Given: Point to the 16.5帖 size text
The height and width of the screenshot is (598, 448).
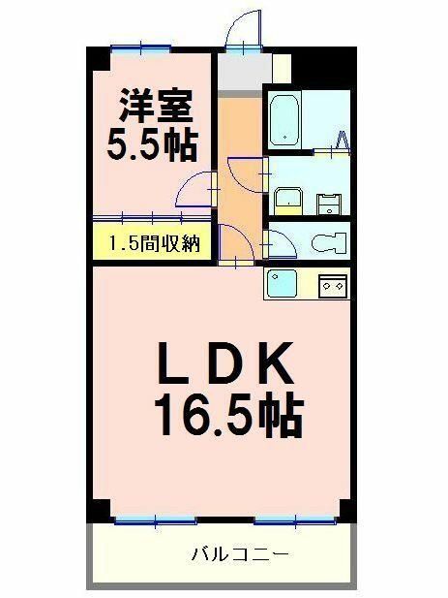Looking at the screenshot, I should (226, 417).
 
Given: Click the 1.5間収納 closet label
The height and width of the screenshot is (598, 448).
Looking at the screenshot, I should (153, 242).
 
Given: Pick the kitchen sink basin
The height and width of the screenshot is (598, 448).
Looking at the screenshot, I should (284, 284).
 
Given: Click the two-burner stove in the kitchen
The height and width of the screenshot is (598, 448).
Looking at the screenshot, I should (333, 285).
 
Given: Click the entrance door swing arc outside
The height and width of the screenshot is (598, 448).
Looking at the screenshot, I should (242, 29).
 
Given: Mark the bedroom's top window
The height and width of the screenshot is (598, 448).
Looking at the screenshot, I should (140, 47).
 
